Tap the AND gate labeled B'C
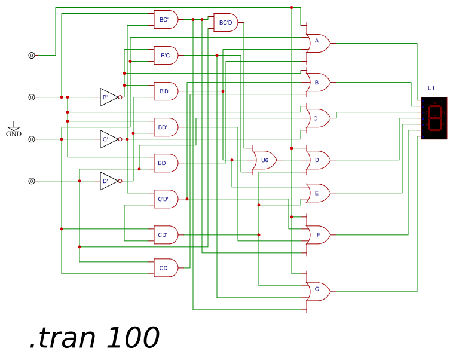166,55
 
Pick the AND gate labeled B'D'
166,91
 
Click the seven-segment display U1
434,118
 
